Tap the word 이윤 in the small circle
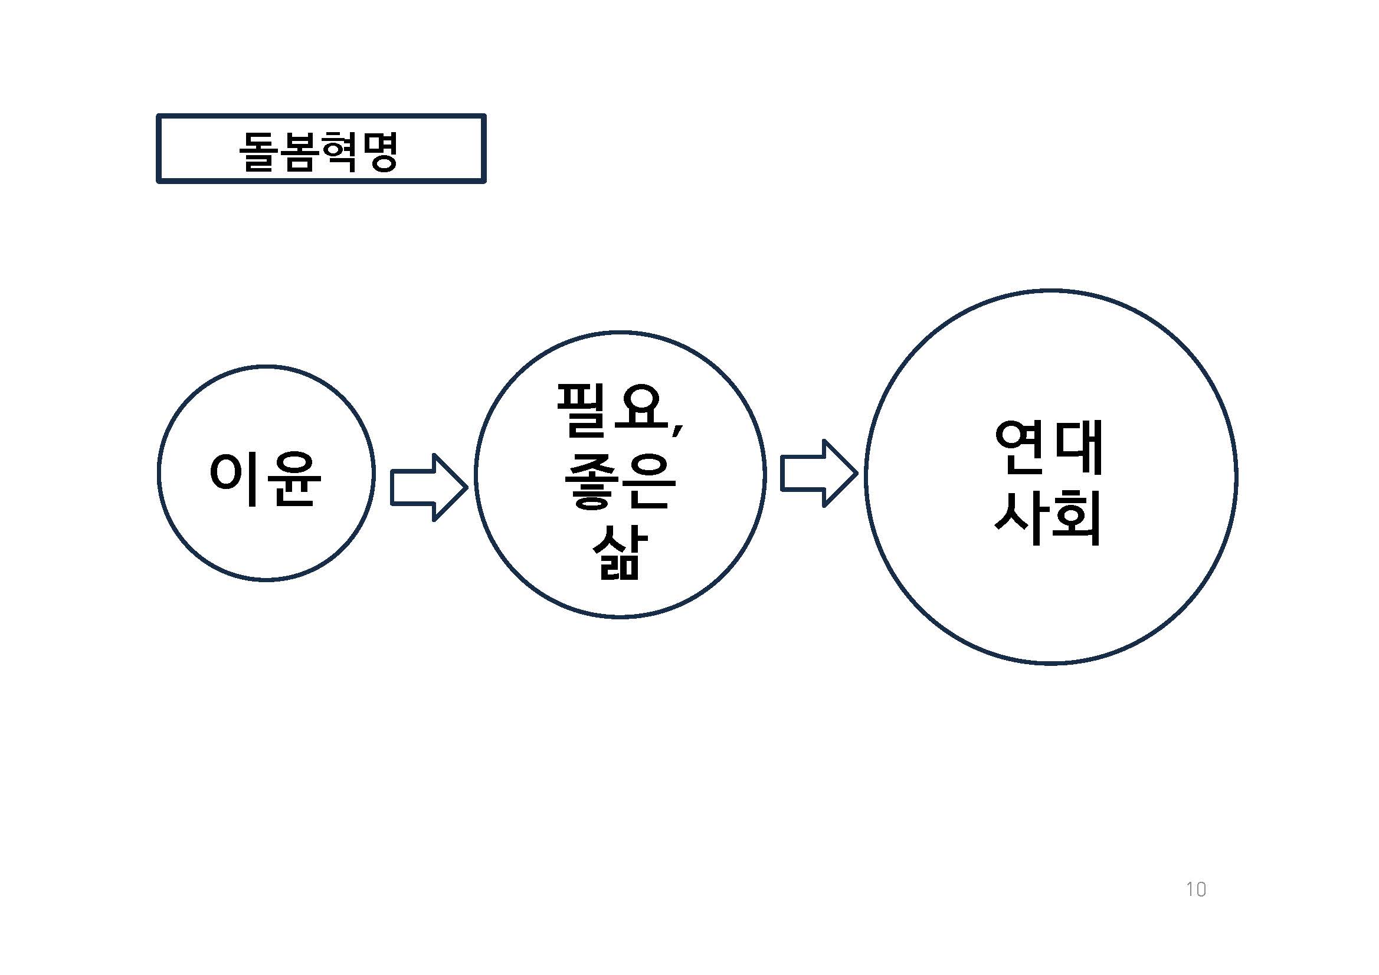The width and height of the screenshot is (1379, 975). [x=265, y=478]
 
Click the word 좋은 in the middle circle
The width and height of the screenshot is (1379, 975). [x=620, y=480]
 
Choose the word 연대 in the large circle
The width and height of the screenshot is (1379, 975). [x=1049, y=447]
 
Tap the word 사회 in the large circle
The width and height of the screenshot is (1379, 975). [x=1049, y=517]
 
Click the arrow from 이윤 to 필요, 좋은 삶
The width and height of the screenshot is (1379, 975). [x=428, y=487]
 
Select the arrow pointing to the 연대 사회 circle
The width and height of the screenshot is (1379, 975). [x=817, y=473]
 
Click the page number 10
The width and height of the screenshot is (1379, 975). [x=1196, y=889]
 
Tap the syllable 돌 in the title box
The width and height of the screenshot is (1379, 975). [x=259, y=150]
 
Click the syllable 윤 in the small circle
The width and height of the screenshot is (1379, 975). [x=293, y=478]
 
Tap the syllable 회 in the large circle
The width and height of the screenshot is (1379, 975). [x=1077, y=517]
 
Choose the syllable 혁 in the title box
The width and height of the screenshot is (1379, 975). [x=339, y=150]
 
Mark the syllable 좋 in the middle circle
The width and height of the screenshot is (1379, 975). [x=591, y=480]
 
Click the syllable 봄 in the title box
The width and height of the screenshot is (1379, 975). [x=299, y=150]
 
